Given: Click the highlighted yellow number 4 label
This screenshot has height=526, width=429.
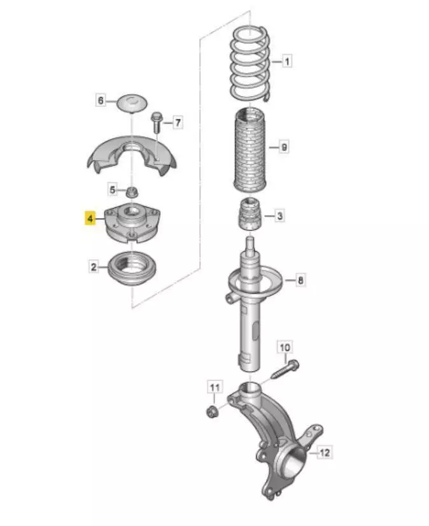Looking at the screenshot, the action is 90,218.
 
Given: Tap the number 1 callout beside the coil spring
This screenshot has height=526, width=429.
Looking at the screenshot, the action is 286,61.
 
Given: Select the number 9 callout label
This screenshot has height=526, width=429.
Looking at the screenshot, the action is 284,147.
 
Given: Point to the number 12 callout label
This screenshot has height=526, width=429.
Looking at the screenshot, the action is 325,453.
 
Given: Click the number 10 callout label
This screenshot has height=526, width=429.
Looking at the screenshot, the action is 285,348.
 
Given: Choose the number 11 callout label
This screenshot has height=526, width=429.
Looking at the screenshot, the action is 215,388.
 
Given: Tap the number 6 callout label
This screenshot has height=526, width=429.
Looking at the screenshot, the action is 101,100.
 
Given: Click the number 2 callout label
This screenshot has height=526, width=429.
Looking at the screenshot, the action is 94,267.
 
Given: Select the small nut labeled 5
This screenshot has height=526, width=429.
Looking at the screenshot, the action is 132,193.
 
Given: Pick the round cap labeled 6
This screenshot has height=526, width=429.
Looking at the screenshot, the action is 132,103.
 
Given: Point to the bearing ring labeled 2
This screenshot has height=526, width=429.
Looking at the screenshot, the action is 132,269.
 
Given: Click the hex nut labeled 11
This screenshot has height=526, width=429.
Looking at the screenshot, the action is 212,411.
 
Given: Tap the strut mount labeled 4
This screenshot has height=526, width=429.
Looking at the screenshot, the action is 132,223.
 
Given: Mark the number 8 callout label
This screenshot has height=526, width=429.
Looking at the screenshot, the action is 300,280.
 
